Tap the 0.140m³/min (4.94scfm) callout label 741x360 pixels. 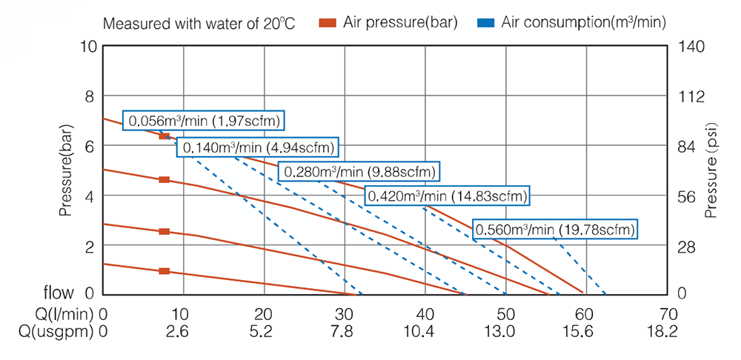coord(258,147)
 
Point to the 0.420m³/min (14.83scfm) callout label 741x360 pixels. coord(448,196)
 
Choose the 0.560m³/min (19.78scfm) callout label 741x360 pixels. coord(555,230)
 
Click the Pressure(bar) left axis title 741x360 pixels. coord(66,170)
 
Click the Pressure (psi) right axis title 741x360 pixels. coord(711,170)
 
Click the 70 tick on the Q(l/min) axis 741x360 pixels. coord(665,313)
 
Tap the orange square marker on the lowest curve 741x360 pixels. coord(165,271)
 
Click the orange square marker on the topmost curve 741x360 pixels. coord(165,136)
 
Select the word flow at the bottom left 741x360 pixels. coord(67,293)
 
